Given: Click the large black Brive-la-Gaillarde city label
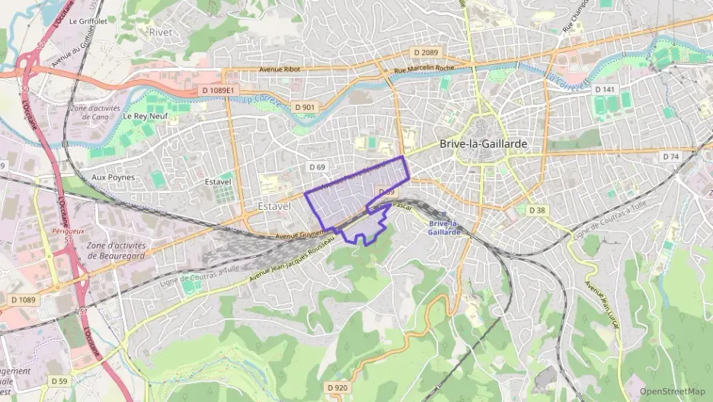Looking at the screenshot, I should [483, 143].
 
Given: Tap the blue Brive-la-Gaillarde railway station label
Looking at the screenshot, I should [443, 228].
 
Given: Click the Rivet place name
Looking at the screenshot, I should [161, 32].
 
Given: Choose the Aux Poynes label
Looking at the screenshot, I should [113, 177].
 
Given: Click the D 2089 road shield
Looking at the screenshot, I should [424, 52].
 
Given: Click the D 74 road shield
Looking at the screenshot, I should [670, 156].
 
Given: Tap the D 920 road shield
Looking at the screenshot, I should [337, 388].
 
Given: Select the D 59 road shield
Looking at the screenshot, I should [59, 380].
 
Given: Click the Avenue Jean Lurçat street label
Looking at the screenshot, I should [604, 306].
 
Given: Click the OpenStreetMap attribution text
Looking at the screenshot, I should [673, 391].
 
